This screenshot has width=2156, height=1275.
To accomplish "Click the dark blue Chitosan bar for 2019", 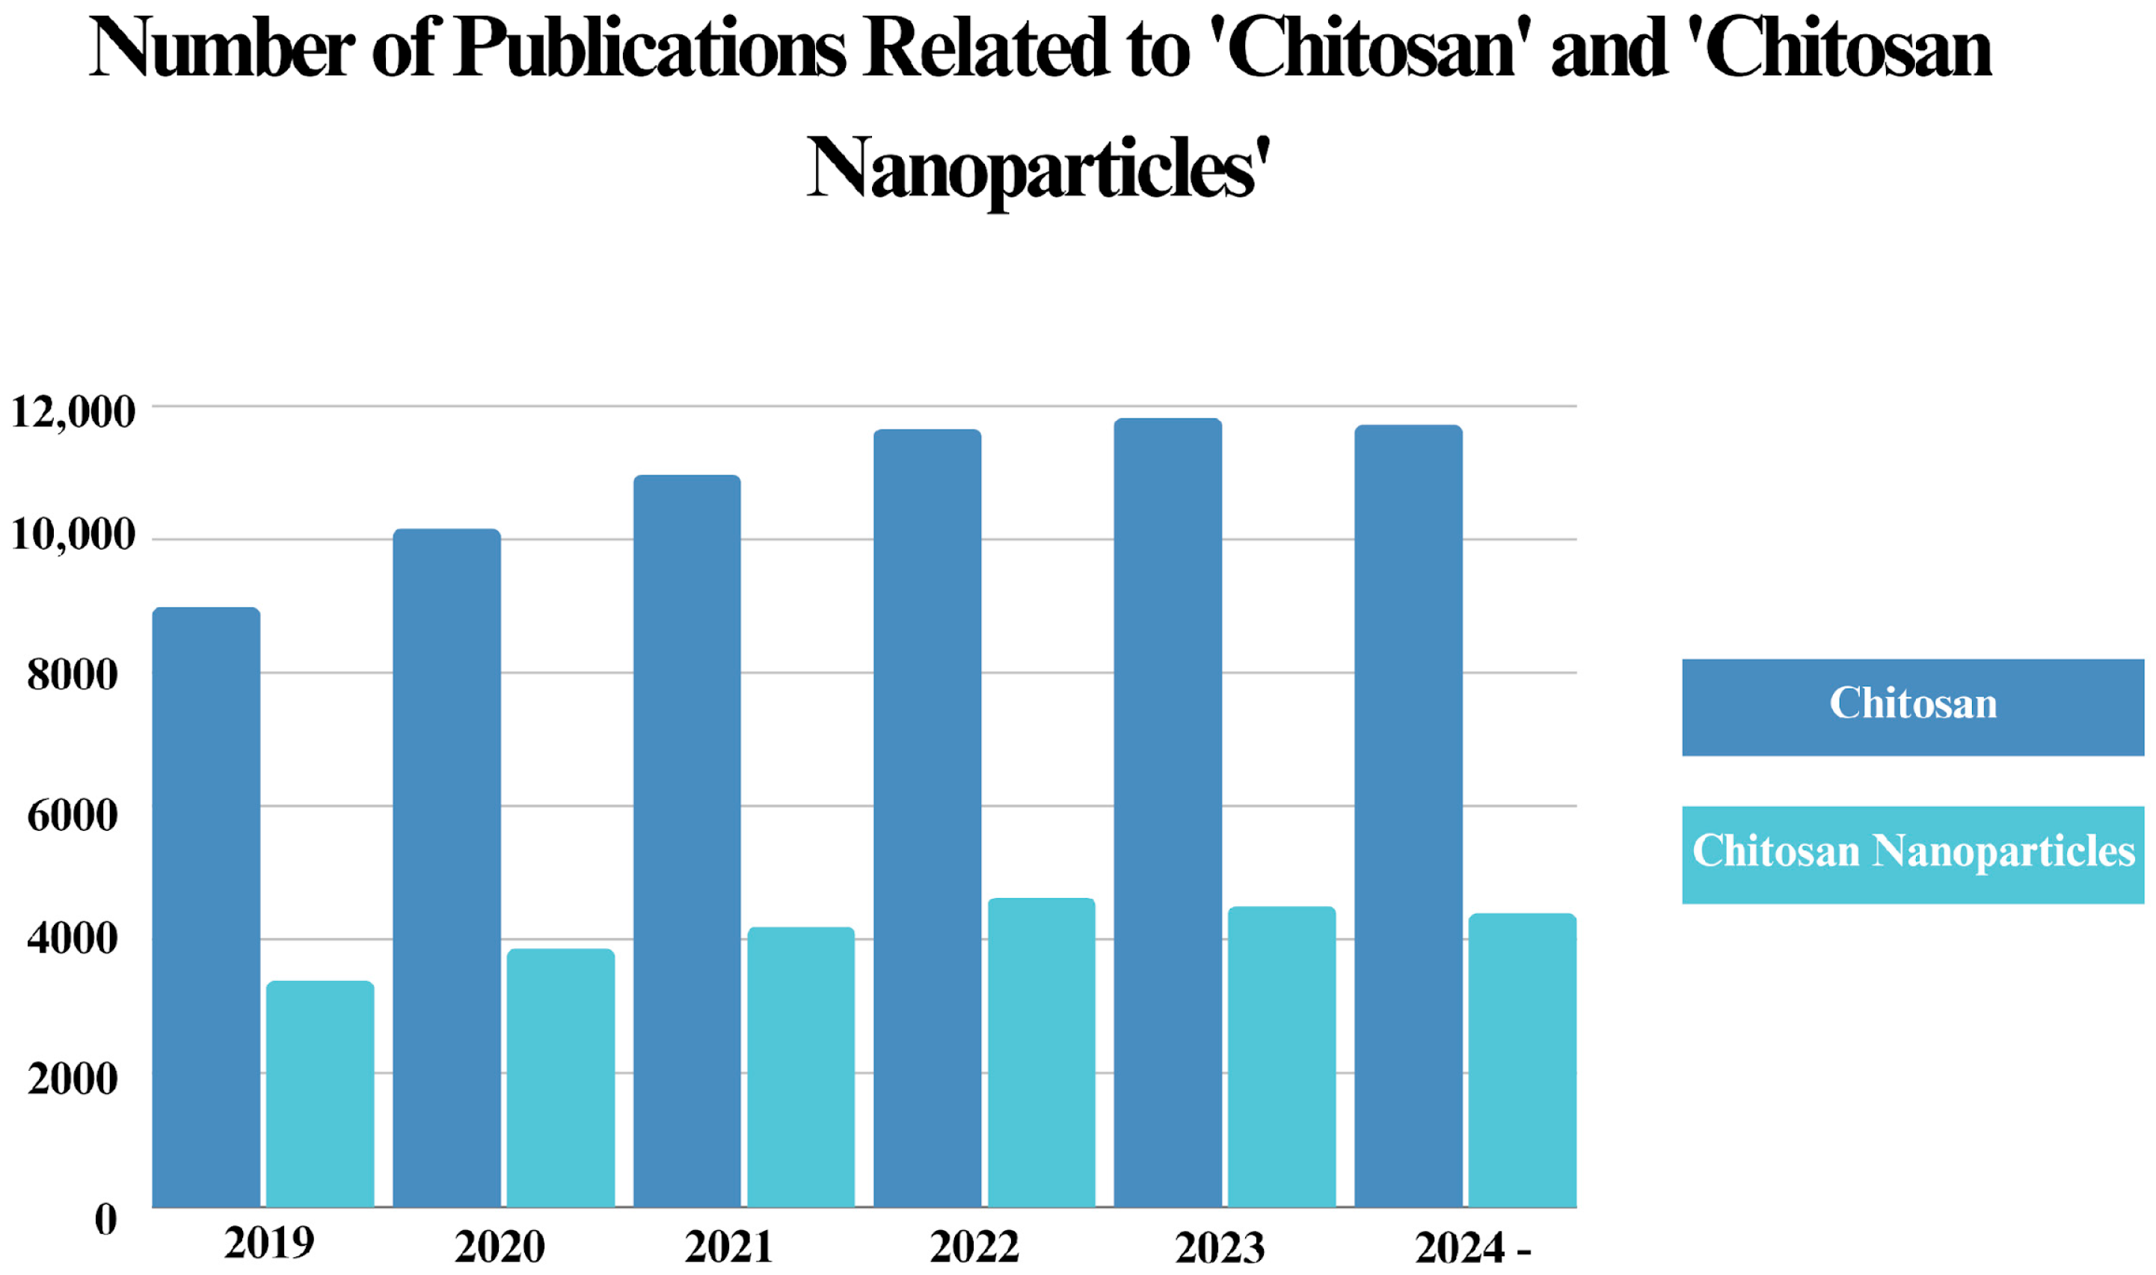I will [206, 906].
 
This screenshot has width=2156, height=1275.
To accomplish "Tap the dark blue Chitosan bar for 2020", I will [446, 867].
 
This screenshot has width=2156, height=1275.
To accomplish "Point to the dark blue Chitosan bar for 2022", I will [927, 818].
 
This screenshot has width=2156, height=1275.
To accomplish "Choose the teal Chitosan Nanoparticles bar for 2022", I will [1041, 1051].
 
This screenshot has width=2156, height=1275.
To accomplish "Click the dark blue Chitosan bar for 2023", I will [1167, 812].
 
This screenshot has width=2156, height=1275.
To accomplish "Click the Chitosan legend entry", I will [1913, 707].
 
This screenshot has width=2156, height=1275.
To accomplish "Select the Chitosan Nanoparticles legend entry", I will [1913, 854].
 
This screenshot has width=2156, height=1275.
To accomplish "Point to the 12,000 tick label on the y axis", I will [73, 412].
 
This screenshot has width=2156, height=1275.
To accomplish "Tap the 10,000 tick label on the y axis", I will [73, 536].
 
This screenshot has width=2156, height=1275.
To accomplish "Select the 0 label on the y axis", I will [105, 1220].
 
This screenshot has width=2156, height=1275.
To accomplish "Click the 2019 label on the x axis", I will [269, 1243].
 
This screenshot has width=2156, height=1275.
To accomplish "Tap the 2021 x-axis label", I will [728, 1247].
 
